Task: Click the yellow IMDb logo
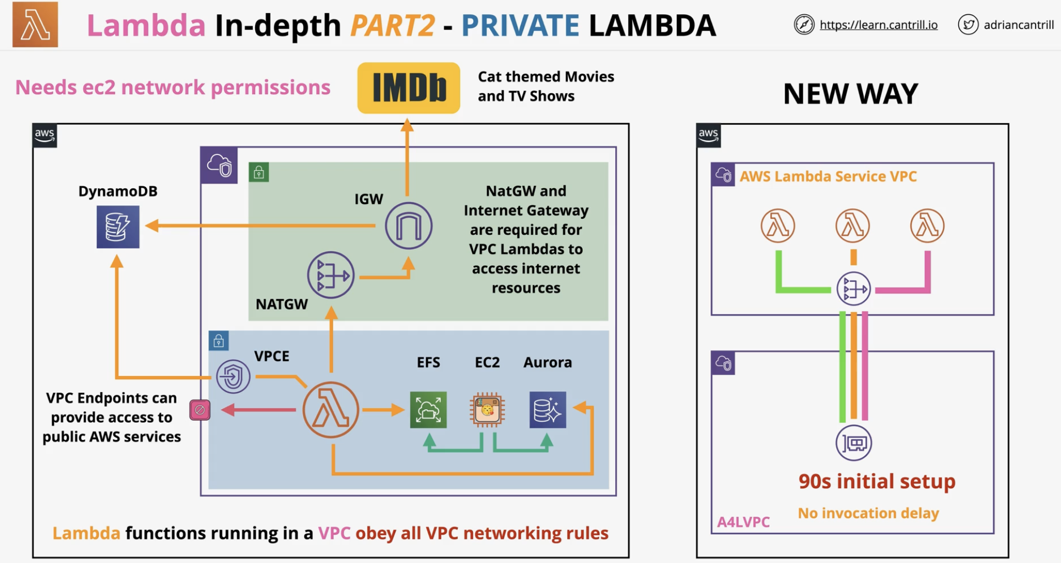(408, 88)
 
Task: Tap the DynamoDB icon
(118, 227)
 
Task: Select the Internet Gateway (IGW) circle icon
(408, 225)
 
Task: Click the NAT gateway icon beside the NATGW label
(331, 275)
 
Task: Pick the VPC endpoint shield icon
(234, 377)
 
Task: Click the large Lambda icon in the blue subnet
(331, 410)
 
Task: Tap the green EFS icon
(428, 410)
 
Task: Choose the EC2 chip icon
(487, 410)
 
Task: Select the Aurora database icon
(548, 410)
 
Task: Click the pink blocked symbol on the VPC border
(200, 410)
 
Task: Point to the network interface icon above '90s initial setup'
(854, 443)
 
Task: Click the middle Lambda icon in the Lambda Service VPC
(853, 225)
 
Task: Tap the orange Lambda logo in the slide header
(35, 25)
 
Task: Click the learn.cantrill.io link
(878, 25)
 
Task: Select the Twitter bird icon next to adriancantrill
(968, 25)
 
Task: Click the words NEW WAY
(850, 93)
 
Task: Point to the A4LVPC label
(743, 522)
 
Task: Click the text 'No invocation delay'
(869, 513)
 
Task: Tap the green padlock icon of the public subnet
(259, 173)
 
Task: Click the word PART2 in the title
(393, 25)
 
